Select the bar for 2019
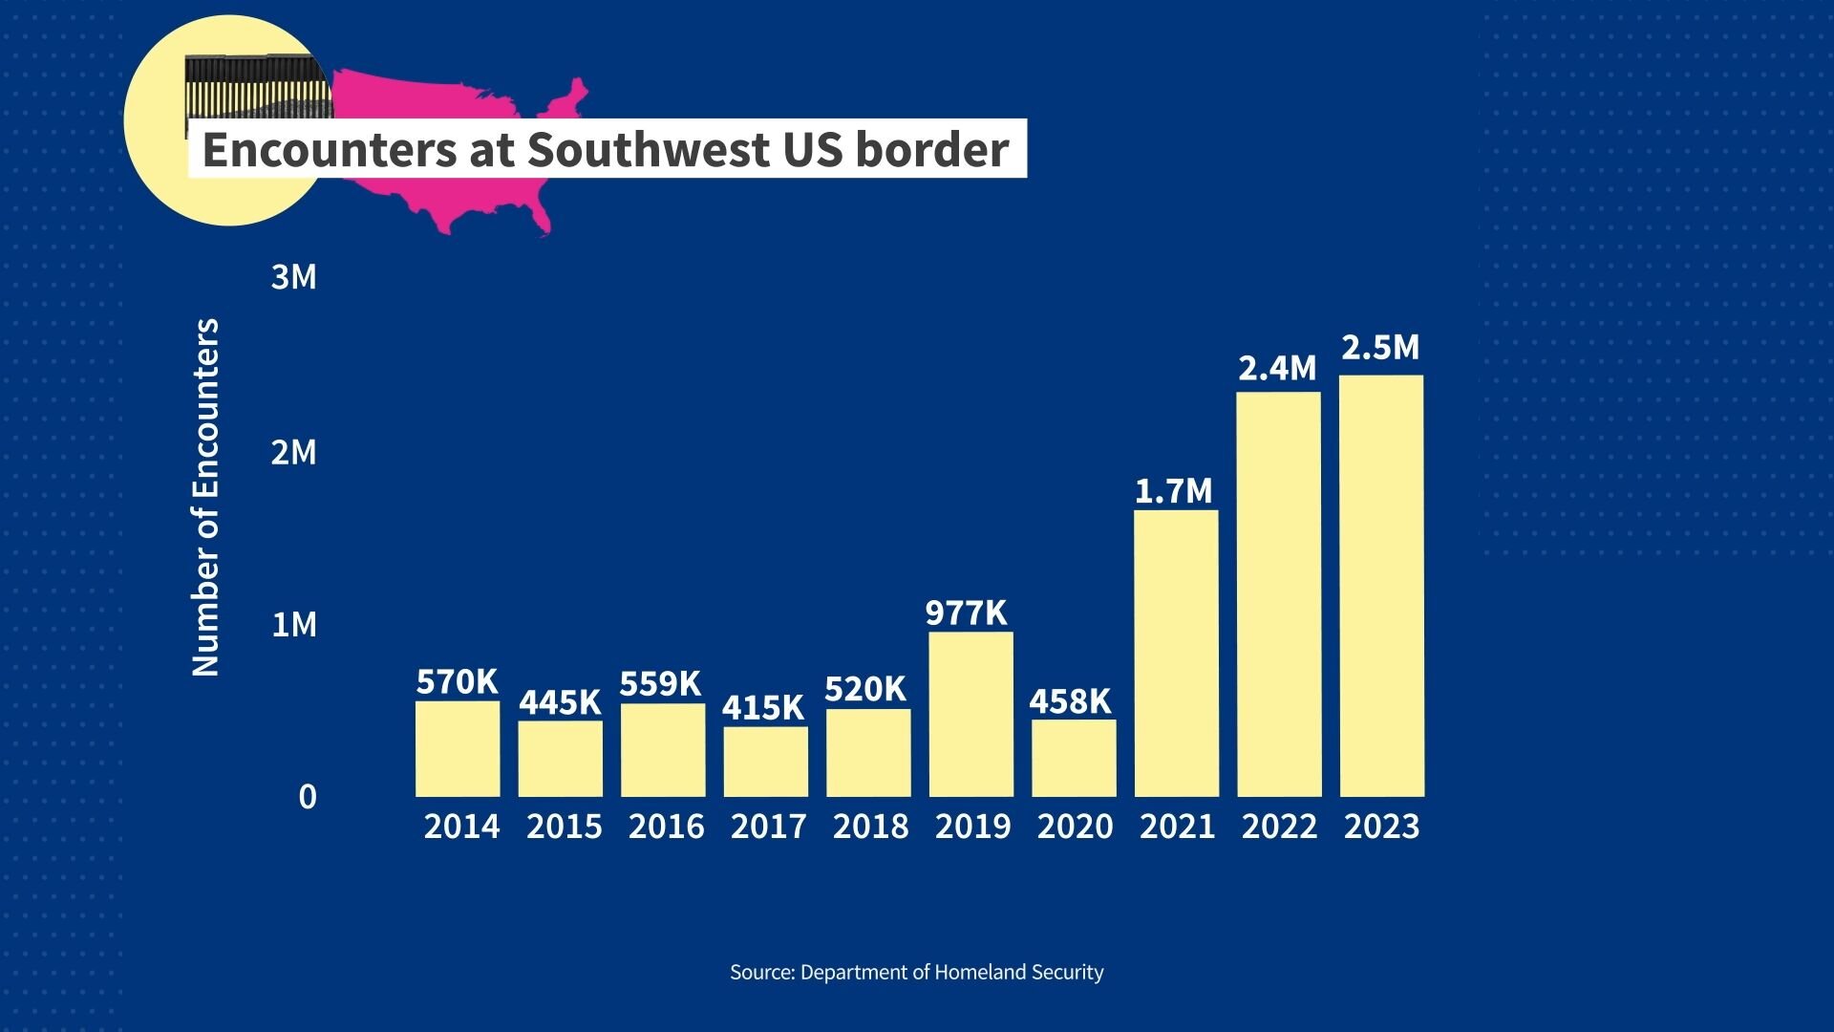click(x=970, y=714)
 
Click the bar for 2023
click(x=1381, y=586)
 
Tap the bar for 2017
click(x=765, y=762)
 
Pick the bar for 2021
click(x=1176, y=654)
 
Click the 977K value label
click(x=966, y=613)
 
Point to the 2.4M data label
click(x=1277, y=368)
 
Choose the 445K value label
click(x=560, y=702)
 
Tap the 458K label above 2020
click(x=1070, y=701)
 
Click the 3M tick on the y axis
click(x=293, y=277)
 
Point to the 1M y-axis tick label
click(x=293, y=625)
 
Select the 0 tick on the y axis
click(x=307, y=796)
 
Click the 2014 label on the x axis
click(x=461, y=827)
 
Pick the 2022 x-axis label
click(x=1279, y=827)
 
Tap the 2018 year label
click(x=870, y=827)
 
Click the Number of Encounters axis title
click(x=206, y=497)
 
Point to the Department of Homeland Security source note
click(x=916, y=973)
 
